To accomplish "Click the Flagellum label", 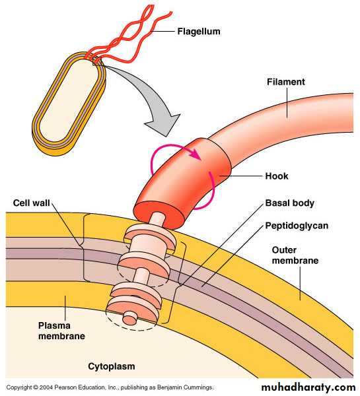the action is pyautogui.click(x=198, y=32).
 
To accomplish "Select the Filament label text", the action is pyautogui.click(x=286, y=82).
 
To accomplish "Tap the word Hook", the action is pyautogui.click(x=277, y=176).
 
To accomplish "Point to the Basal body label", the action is pyautogui.click(x=290, y=203).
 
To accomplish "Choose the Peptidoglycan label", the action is pyautogui.click(x=297, y=226).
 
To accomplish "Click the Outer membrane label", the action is pyautogui.click(x=295, y=255).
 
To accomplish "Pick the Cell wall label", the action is pyautogui.click(x=31, y=203).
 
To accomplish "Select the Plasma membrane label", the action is pyautogui.click(x=61, y=331).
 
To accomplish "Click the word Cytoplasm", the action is pyautogui.click(x=111, y=366).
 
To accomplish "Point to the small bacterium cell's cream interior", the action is pyautogui.click(x=68, y=100).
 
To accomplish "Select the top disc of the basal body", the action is pyautogui.click(x=150, y=236).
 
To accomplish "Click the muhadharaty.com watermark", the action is pyautogui.click(x=308, y=387).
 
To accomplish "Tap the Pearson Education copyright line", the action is pyautogui.click(x=110, y=387).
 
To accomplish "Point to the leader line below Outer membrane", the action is pyautogui.click(x=301, y=283).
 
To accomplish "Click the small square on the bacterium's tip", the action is pyautogui.click(x=97, y=61).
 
